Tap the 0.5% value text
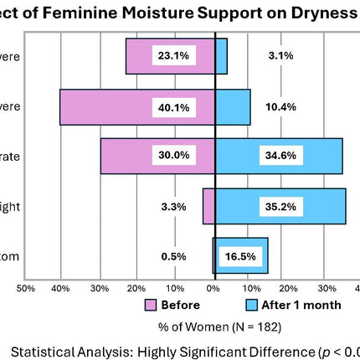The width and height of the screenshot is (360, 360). tap(174, 256)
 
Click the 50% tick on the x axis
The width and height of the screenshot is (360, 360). tap(26, 287)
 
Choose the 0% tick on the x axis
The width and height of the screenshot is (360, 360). tap(214, 287)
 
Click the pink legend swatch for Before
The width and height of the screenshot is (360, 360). tap(151, 305)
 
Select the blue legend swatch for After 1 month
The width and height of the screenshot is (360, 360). tap(251, 305)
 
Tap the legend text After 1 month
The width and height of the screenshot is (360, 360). tap(301, 305)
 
